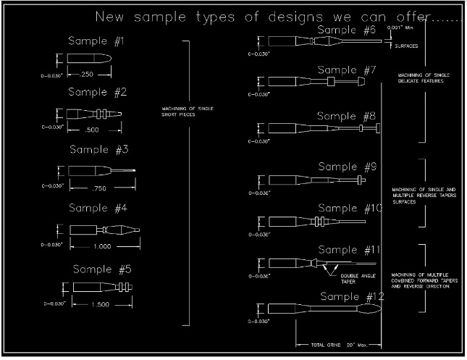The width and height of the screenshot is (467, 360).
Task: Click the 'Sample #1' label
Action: click(96, 41)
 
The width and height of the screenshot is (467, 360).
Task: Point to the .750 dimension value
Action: click(100, 188)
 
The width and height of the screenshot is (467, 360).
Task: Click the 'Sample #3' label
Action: click(99, 150)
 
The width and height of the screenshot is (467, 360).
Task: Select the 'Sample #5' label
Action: click(102, 269)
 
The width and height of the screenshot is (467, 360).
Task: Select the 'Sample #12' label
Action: click(350, 296)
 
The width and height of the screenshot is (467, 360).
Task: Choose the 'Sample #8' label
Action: click(347, 116)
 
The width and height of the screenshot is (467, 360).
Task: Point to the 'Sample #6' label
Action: click(347, 30)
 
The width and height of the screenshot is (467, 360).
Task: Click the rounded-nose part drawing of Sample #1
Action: click(91, 59)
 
